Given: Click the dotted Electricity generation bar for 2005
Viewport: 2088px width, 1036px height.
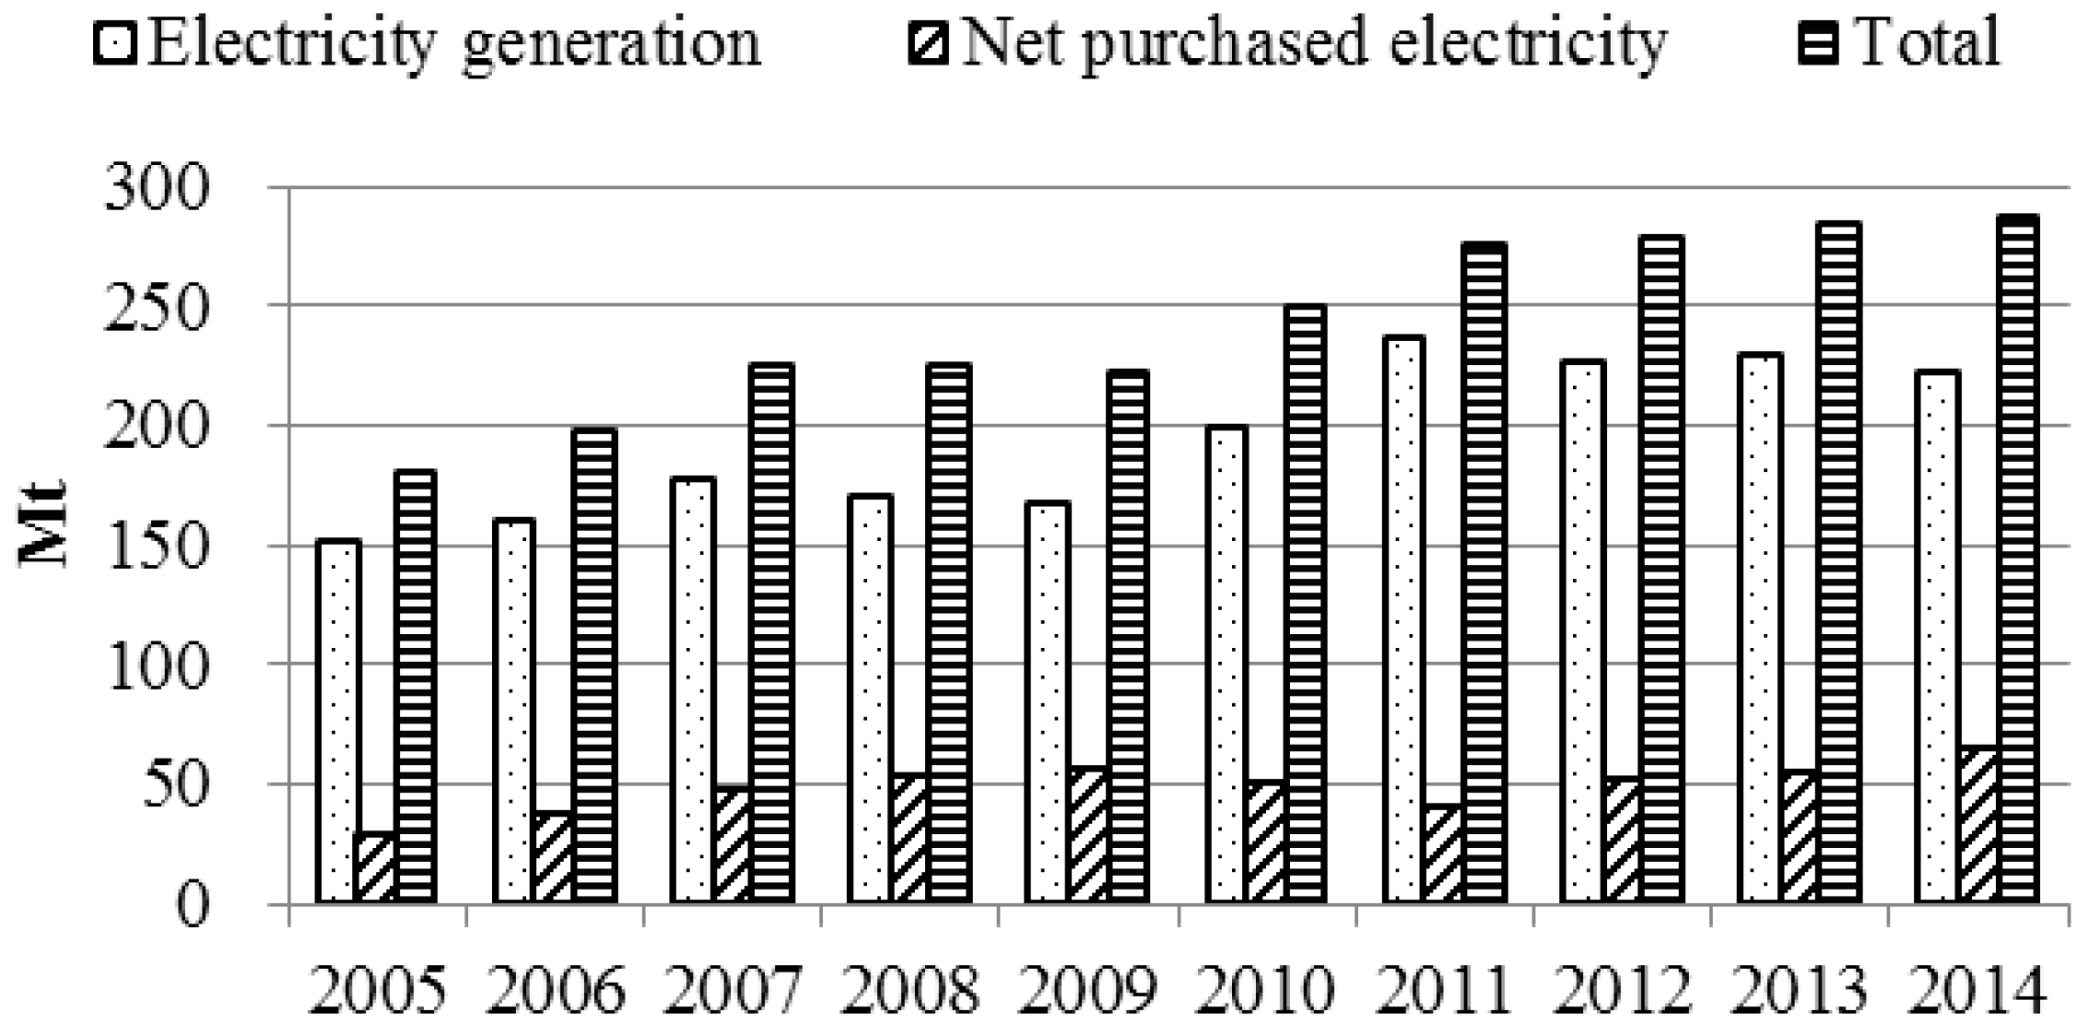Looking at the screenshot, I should point(337,719).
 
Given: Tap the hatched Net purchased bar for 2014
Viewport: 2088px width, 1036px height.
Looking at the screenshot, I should point(1977,825).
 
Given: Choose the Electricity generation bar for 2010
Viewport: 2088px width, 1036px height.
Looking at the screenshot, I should point(1226,664).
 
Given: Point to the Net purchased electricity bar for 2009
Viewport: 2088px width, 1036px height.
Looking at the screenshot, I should point(1087,834).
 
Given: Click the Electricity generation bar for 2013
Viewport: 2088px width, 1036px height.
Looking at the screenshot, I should point(1760,627).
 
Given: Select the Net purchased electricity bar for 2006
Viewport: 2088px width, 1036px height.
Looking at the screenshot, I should point(552,857).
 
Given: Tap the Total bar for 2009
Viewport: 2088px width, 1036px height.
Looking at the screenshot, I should point(1127,636).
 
